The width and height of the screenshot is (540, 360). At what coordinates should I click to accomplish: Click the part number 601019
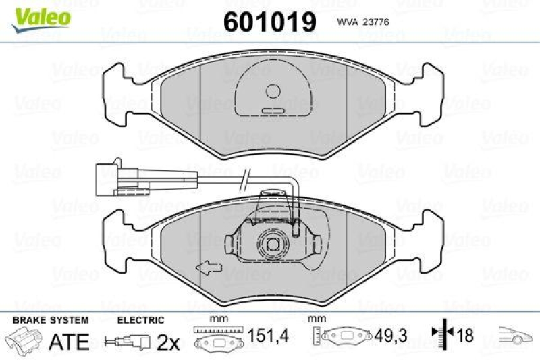(269, 22)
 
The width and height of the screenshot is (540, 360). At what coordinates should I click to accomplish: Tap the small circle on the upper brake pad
(273, 91)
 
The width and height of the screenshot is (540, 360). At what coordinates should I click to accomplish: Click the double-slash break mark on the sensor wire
(248, 178)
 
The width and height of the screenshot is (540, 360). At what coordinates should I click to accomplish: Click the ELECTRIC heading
(140, 319)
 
